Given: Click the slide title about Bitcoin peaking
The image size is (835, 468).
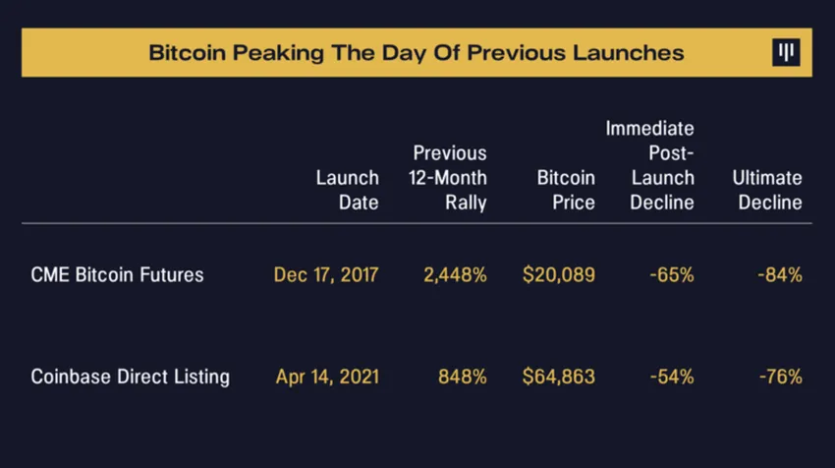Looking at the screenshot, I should click(417, 52).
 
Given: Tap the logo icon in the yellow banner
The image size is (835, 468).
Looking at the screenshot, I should click(785, 53).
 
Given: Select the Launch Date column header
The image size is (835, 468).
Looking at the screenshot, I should click(347, 191).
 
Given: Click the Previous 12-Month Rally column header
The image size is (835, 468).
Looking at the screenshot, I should click(448, 178).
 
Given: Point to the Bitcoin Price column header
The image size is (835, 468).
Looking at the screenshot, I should click(566, 191).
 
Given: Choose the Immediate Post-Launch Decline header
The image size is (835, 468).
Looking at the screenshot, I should click(649, 165).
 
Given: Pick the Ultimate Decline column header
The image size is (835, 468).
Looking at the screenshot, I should click(767, 191).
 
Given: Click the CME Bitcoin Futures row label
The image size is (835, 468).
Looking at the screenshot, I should click(117, 275).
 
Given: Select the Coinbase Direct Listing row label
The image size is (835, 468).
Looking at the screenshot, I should click(130, 377).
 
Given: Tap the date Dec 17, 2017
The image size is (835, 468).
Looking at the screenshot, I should click(326, 275).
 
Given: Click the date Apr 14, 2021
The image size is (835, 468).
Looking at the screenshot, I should click(326, 377).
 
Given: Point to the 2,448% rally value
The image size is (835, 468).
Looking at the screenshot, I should click(454, 275).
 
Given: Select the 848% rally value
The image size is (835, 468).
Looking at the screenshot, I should click(462, 377).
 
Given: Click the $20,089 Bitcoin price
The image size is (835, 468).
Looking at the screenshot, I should click(558, 275).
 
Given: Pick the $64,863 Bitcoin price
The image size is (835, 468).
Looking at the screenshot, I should click(558, 377).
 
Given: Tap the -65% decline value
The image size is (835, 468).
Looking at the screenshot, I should click(672, 275).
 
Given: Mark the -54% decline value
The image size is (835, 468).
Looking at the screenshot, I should click(672, 377).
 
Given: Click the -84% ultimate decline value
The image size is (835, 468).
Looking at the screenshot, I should click(780, 275).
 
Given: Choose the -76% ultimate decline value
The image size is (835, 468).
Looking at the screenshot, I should click(780, 377).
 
